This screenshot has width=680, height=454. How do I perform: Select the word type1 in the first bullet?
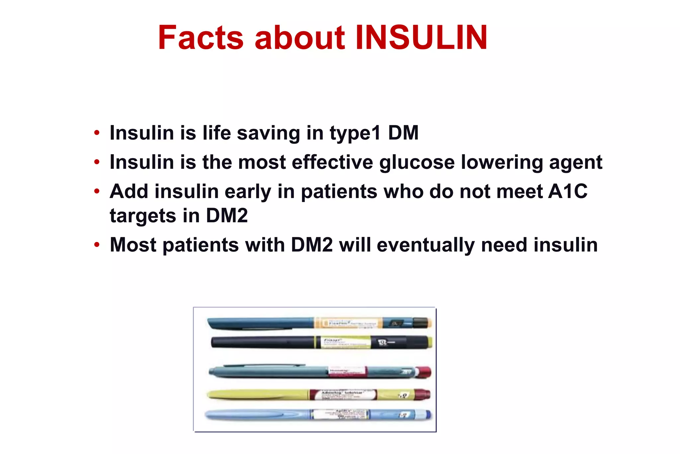pos(355,133)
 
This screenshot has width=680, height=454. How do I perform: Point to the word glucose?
pos(417,163)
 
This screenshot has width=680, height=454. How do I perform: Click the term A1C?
pos(567,191)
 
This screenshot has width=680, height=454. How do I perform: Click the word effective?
pos(332,163)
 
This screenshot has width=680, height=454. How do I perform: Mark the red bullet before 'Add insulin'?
pos(97,191)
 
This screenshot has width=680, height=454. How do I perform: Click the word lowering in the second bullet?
pos(502,163)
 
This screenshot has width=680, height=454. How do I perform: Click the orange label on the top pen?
pos(347,323)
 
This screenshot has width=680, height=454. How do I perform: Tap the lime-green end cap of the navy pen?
pos(429,342)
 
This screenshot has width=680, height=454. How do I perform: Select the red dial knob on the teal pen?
pos(424,372)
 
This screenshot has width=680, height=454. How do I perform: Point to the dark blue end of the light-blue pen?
pos(428,414)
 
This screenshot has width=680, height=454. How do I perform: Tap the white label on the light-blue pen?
pos(339,414)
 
